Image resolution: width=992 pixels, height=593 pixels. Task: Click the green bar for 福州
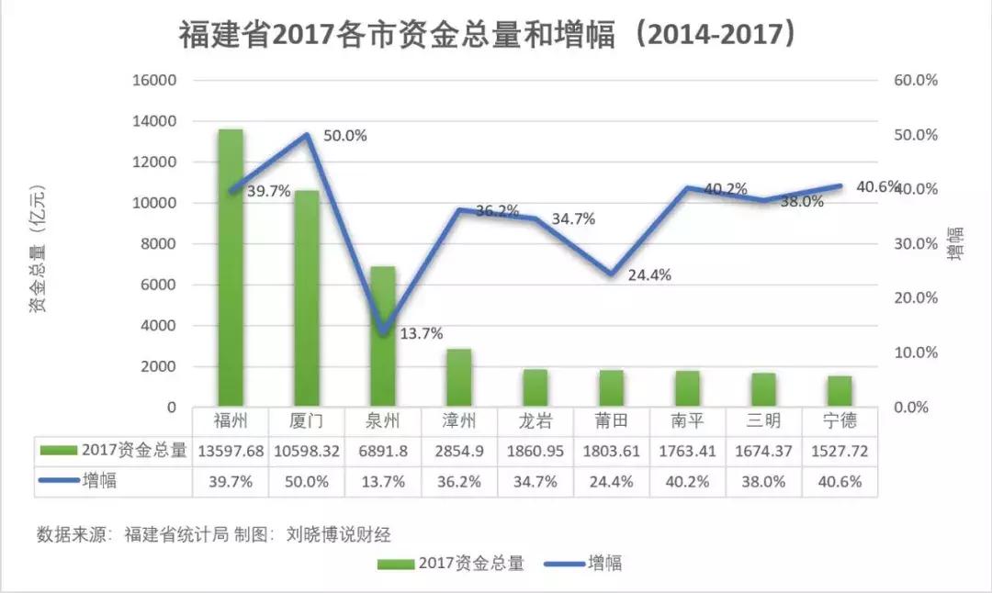click(x=231, y=268)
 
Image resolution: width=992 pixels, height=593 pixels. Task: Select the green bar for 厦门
click(x=307, y=298)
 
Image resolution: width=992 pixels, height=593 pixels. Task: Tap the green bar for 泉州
click(x=383, y=337)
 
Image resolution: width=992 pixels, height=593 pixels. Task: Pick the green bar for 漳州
click(x=459, y=378)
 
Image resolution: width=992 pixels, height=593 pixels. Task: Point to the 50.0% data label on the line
click(x=345, y=136)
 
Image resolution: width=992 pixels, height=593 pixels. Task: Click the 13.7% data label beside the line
click(x=423, y=334)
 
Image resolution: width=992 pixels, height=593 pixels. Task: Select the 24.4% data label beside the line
click(x=649, y=274)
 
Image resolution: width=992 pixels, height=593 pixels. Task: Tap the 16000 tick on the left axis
click(x=156, y=81)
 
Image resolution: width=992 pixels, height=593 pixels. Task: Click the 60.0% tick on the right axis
click(x=915, y=81)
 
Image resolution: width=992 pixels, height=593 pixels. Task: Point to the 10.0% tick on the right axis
click(x=915, y=352)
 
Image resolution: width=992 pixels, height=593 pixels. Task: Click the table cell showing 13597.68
click(x=231, y=451)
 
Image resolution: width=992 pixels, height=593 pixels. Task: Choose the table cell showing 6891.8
click(x=383, y=451)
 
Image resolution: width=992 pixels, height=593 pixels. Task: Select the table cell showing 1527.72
click(x=839, y=451)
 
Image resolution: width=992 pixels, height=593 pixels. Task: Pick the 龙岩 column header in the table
click(x=535, y=421)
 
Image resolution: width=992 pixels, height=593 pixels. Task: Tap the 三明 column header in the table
click(x=763, y=421)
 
